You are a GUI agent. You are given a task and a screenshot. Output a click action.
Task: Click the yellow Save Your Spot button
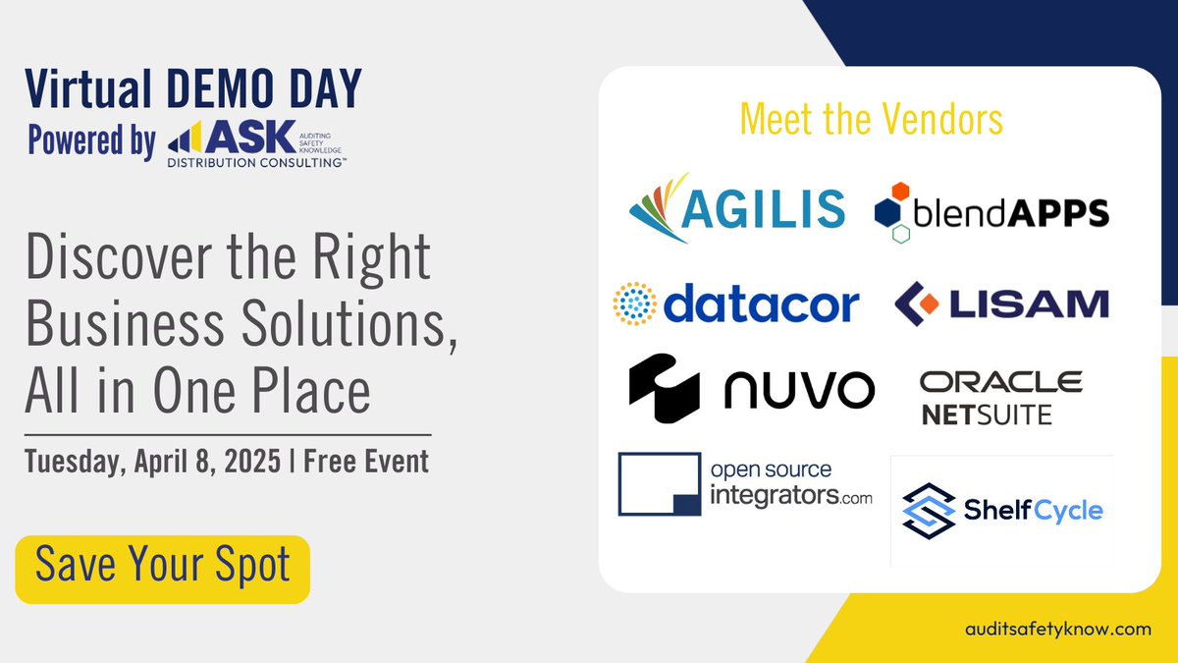(x=163, y=570)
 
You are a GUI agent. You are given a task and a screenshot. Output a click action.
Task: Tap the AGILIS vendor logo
(x=737, y=208)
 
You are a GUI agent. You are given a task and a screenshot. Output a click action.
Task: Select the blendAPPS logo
(x=991, y=212)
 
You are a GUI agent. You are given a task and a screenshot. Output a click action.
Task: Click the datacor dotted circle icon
(x=635, y=304)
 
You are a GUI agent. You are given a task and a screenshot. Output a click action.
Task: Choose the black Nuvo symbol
(x=665, y=388)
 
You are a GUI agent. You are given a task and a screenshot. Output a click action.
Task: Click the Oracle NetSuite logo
(x=1000, y=398)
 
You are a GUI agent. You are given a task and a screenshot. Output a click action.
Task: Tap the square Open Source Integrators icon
(x=660, y=484)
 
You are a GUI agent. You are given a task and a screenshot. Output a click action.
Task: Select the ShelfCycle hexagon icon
(x=929, y=511)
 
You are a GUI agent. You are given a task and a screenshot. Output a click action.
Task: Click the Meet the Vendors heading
(x=872, y=120)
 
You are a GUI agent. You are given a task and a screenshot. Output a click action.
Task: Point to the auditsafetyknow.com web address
(x=1058, y=630)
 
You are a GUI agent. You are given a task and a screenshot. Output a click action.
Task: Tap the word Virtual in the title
(x=88, y=88)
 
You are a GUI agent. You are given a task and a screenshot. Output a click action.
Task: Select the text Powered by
(x=92, y=141)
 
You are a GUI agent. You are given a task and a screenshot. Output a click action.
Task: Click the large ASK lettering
(x=251, y=137)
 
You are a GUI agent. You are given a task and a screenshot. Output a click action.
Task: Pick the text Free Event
(x=366, y=462)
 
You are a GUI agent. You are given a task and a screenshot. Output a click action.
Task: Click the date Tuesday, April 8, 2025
(x=152, y=462)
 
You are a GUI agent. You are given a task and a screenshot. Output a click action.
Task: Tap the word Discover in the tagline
(x=119, y=256)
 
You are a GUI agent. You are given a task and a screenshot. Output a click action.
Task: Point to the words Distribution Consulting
(x=256, y=163)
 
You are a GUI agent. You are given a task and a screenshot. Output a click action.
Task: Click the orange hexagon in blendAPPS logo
(x=900, y=191)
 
